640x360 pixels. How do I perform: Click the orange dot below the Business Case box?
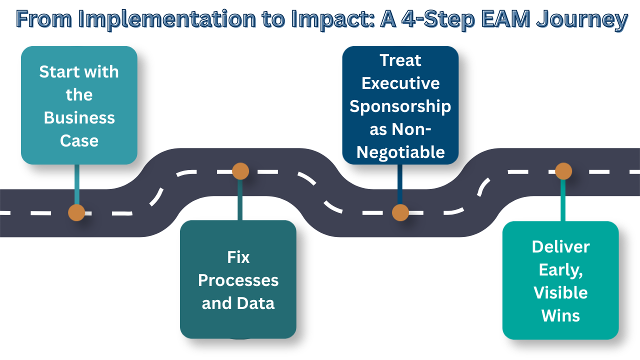click(x=76, y=212)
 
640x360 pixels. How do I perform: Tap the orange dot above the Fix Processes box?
click(x=240, y=171)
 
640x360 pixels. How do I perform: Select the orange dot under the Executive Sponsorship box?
click(x=400, y=212)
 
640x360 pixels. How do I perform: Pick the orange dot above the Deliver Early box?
click(x=563, y=171)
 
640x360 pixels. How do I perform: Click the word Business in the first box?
click(x=79, y=118)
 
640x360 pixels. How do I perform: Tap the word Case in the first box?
click(x=79, y=141)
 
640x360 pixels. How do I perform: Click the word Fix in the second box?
click(x=238, y=257)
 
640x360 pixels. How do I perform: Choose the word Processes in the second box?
click(x=238, y=280)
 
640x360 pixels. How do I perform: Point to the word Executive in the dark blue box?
click(x=400, y=83)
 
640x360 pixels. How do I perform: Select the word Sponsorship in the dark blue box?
click(x=400, y=106)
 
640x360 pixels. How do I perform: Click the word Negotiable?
click(x=400, y=152)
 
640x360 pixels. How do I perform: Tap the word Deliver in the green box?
click(x=560, y=247)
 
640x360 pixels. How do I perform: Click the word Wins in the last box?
click(x=560, y=315)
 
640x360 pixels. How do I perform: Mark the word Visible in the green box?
click(x=560, y=292)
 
